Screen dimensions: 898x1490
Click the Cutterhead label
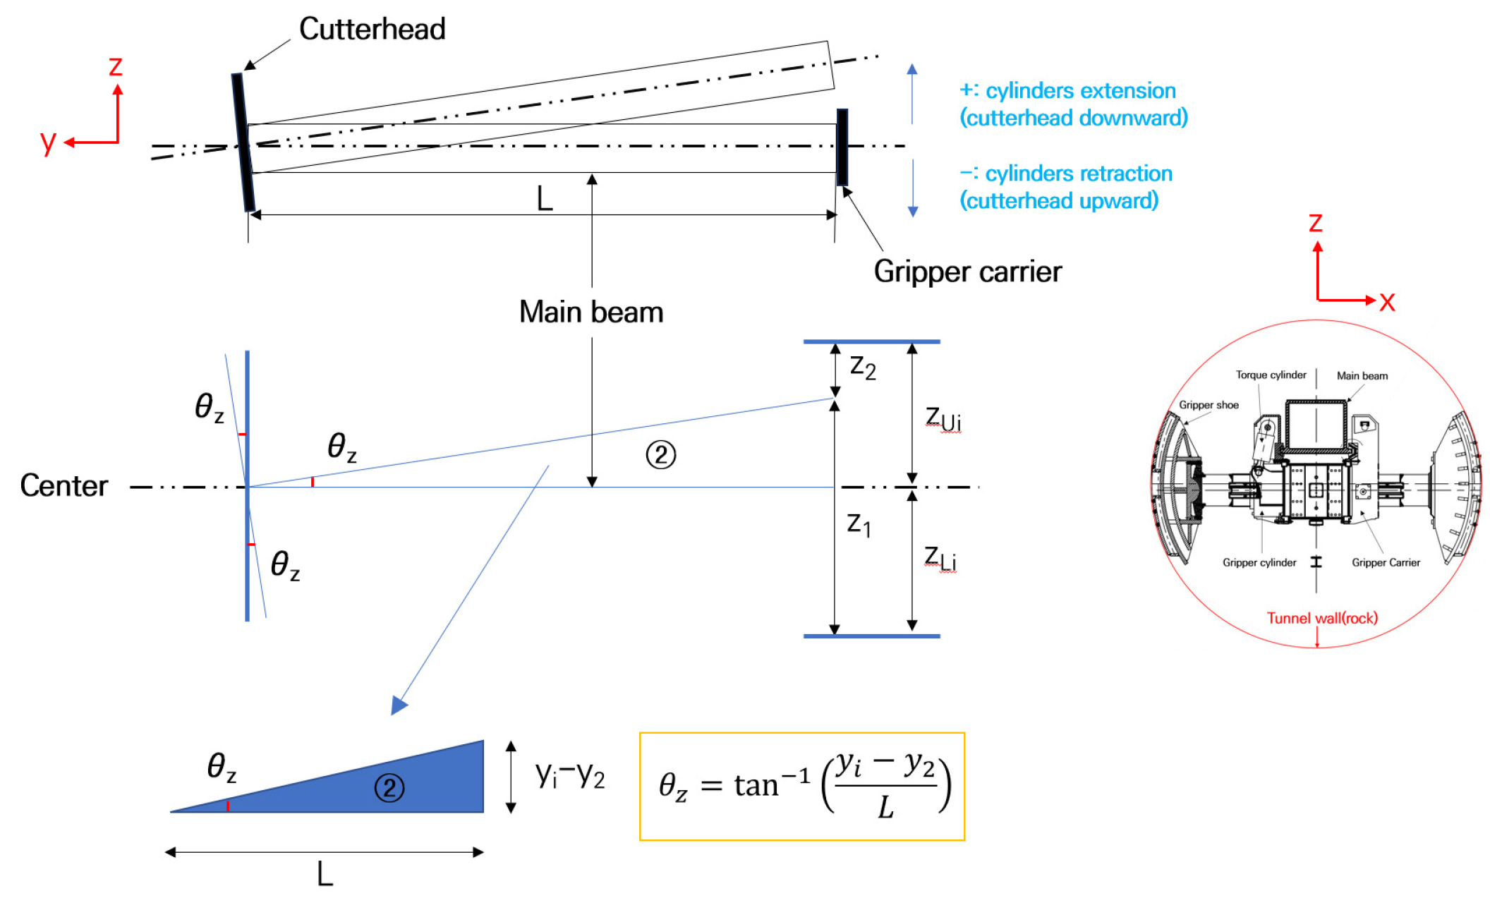tap(372, 30)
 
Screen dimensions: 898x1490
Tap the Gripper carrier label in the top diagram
tap(967, 272)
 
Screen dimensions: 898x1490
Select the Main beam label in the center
tap(591, 312)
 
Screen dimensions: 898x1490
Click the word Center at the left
tap(63, 486)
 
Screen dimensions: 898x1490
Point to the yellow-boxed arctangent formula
tap(802, 787)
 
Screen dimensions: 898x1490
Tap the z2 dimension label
tap(863, 368)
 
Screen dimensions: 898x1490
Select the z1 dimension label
tap(859, 524)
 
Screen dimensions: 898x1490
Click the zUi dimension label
tap(943, 418)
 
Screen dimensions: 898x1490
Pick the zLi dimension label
tap(940, 559)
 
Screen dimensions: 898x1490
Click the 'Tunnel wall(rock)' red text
tap(1322, 619)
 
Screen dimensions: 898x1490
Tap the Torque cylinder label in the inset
tap(1271, 375)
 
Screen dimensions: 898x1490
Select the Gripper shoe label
tap(1209, 405)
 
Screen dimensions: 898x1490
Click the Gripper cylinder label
tap(1259, 563)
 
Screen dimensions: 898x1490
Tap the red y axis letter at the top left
tap(48, 142)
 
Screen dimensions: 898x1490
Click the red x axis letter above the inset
tap(1387, 302)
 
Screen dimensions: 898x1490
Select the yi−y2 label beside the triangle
tap(570, 776)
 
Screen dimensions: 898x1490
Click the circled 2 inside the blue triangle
tap(389, 788)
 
